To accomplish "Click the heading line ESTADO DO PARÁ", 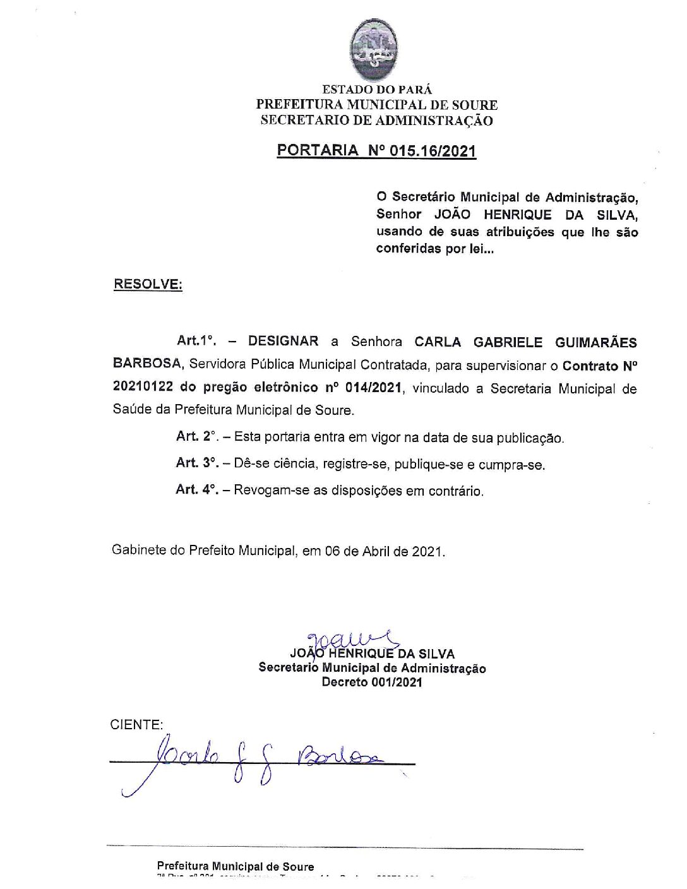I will [377, 90].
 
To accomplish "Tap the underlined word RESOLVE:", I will [148, 284].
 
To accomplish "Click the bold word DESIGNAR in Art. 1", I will [284, 342].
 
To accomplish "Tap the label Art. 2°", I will [196, 437].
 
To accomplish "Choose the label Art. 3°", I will [196, 464].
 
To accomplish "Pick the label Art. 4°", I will [196, 490].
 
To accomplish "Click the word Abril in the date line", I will [379, 551].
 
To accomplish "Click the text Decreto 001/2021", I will [372, 682].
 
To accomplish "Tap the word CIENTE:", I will [136, 725].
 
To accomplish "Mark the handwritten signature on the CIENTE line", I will [265, 758].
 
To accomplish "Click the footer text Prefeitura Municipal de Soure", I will [235, 867].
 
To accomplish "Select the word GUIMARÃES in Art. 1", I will [595, 342].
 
